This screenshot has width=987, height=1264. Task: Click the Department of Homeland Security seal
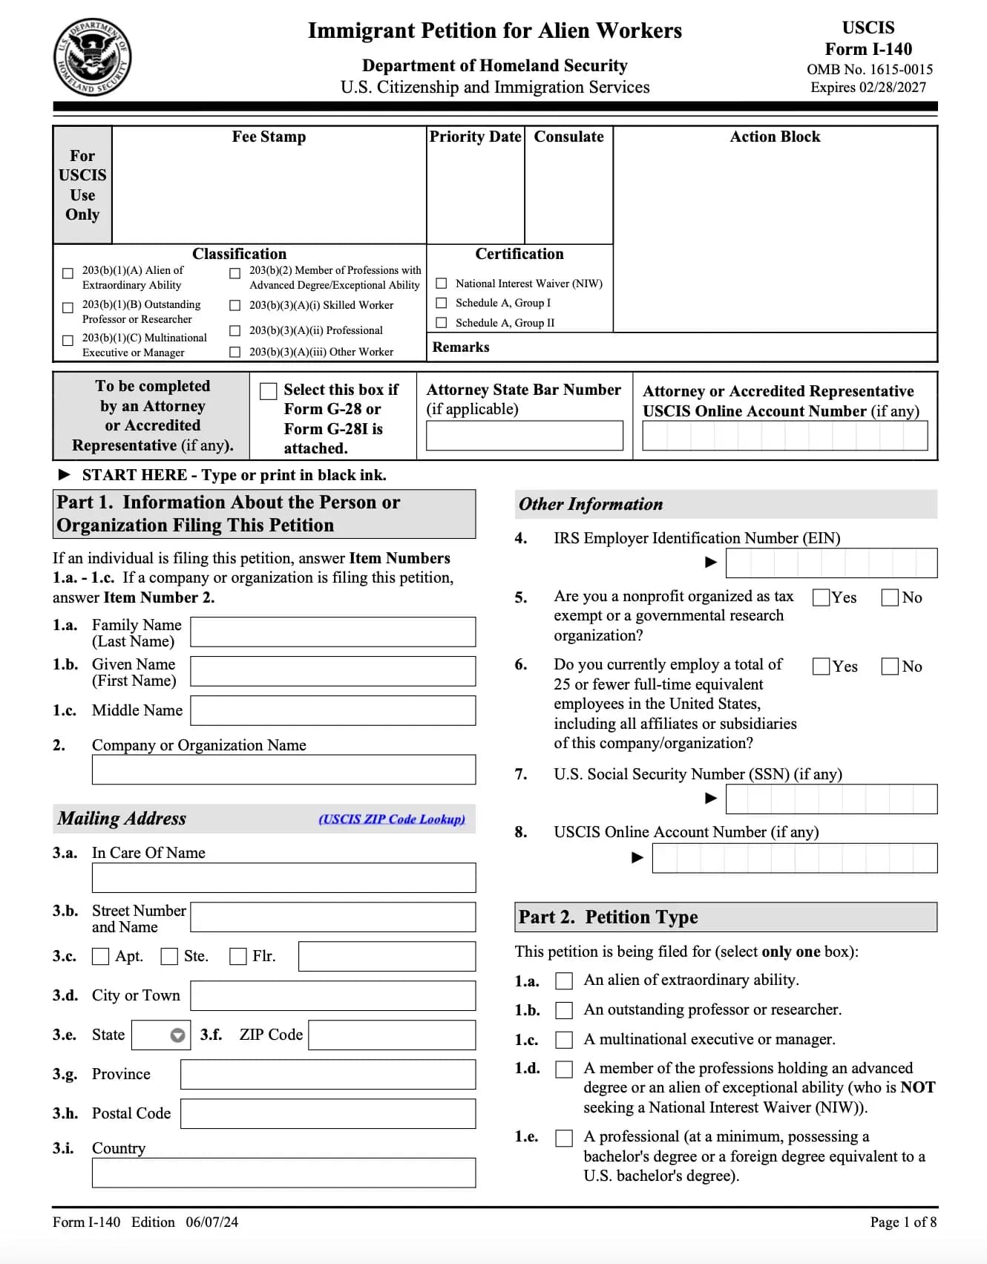(93, 57)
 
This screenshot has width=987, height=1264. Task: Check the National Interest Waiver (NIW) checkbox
(442, 284)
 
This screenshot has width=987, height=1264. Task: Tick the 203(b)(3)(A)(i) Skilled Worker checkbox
(235, 305)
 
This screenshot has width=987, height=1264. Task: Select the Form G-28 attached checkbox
(269, 391)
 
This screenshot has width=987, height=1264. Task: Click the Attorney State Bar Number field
(524, 436)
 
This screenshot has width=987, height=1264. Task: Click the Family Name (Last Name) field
(332, 632)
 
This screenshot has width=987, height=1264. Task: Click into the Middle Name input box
(332, 710)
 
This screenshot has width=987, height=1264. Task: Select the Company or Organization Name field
(283, 770)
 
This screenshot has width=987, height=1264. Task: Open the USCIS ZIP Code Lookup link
(392, 819)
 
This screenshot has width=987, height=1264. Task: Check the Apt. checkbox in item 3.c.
(100, 956)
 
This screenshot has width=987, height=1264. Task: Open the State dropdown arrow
(177, 1035)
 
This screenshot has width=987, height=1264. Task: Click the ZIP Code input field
(392, 1035)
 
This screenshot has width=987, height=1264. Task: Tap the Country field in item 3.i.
(283, 1173)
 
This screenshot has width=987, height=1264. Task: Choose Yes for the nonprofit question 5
(822, 597)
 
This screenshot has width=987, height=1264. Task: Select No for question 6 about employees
(890, 667)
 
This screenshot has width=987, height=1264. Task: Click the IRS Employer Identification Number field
(831, 563)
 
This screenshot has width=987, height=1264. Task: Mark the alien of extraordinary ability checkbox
(565, 981)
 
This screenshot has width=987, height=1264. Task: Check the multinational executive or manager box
(565, 1040)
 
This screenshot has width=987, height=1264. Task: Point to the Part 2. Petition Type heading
(608, 917)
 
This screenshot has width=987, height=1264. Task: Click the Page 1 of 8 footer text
(903, 1222)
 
